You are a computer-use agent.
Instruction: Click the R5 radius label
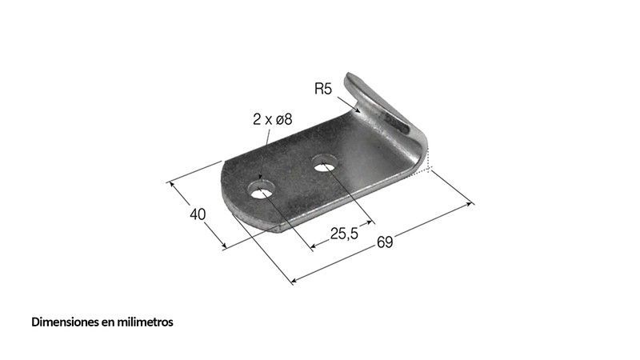(x=323, y=89)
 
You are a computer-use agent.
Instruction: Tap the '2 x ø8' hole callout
(x=272, y=119)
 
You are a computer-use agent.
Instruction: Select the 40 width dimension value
(x=198, y=214)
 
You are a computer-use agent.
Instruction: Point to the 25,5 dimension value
(x=344, y=234)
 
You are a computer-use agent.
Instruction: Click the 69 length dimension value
(x=385, y=242)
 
